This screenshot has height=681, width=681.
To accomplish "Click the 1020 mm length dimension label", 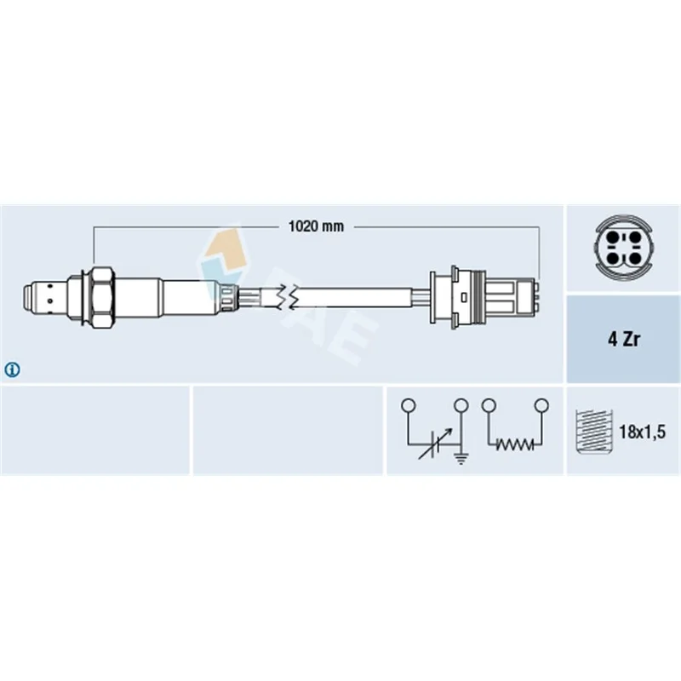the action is pos(316,226).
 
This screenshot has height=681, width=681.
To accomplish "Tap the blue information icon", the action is pos(12,370).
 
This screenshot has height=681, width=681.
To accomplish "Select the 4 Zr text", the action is pos(624,339).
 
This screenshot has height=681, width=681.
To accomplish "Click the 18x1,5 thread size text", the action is pos(643,432).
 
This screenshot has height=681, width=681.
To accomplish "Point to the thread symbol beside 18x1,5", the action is pos(594,432).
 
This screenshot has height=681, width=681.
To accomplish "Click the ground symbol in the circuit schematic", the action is pos(461,457).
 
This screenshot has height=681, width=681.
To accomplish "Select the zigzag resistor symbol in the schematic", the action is pos(515,444).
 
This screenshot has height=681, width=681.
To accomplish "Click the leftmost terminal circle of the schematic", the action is pos(409,406).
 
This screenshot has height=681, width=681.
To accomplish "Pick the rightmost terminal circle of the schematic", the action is pos(541,406).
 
